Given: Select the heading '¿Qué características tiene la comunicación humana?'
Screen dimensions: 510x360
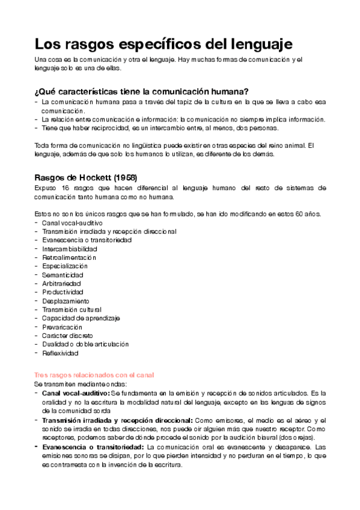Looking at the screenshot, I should pos(141,91).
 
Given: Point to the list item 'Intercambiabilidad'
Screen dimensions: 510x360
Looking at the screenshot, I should pos(69,248).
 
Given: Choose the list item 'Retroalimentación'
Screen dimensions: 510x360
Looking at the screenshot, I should pos(69,257).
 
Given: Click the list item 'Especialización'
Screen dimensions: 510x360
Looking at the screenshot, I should pos(64,266).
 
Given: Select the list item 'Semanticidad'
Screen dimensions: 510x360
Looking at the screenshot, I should pos(63,274).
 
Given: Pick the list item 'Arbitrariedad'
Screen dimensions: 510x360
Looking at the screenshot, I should pos(61,283).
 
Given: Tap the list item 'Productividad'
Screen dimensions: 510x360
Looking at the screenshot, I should pos(63,292).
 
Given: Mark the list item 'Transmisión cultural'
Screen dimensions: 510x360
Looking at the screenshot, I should pos(71,309).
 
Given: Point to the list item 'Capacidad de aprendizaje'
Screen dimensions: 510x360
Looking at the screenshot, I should pos(81,318).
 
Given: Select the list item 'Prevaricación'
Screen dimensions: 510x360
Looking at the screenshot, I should pos(62,327).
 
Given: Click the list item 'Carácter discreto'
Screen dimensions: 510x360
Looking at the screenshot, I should pos(67,335).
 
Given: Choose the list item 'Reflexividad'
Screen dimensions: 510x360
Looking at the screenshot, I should pos(61,352).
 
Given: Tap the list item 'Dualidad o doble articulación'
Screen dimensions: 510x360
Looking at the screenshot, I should pos(85,344).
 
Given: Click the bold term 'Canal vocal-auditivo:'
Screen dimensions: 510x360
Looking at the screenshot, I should pos(76,392).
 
